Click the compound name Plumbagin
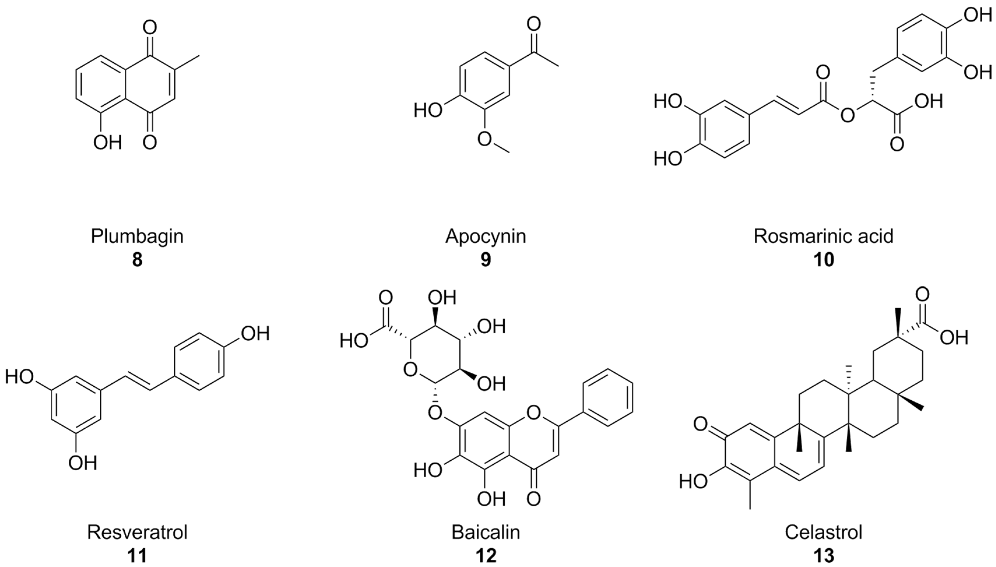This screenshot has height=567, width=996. (137, 236)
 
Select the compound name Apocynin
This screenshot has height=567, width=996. (485, 236)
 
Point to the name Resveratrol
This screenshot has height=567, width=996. (137, 532)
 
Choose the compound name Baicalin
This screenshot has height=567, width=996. (485, 532)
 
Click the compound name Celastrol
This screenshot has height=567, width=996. (823, 532)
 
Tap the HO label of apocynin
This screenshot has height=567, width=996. (428, 110)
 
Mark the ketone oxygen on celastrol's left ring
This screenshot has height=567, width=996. (701, 424)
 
